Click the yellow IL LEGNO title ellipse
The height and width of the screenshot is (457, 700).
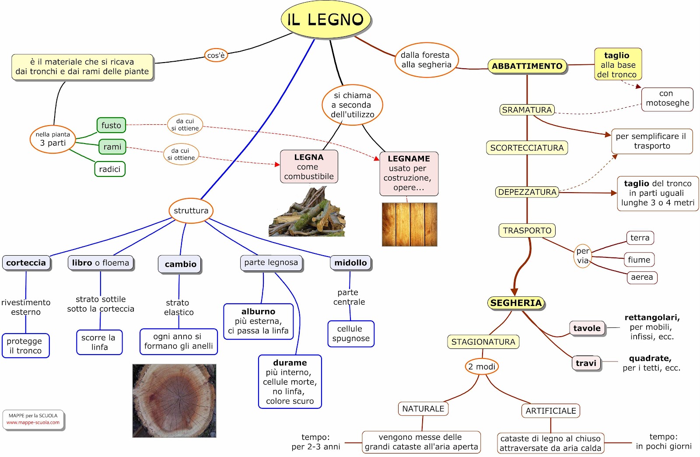tap(326, 19)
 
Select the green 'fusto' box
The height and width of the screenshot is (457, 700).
tap(111, 125)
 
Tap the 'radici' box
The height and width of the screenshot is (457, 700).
tap(110, 169)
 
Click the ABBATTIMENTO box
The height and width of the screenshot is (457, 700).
tap(527, 66)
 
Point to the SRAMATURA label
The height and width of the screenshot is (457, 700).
tap(527, 110)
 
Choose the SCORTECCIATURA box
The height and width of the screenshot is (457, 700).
tap(527, 148)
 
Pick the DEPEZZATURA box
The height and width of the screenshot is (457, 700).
tap(527, 192)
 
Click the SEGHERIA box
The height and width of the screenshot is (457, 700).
tap(516, 303)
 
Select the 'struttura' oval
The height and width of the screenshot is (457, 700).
tap(191, 211)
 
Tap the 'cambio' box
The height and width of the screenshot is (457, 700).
tap(180, 264)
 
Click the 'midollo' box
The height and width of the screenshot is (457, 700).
tap(350, 263)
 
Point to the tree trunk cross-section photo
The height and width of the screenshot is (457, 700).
tap(174, 401)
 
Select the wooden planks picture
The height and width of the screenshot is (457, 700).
tap(409, 225)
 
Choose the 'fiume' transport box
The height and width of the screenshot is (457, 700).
tap(639, 260)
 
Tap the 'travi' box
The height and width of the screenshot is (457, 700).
tap(586, 363)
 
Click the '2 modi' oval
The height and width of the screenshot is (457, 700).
tap(482, 367)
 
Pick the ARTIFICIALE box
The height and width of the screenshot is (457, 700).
tap(550, 411)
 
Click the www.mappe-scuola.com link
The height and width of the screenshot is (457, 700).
tap(33, 423)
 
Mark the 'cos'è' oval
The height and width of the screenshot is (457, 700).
tap(216, 56)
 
